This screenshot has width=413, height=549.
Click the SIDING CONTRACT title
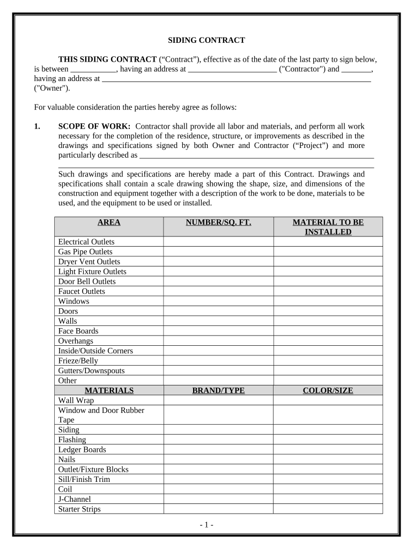(206, 40)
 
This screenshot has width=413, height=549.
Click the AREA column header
(109, 222)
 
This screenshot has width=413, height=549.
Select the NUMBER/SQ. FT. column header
(218, 222)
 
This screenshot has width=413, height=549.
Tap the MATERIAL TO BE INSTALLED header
(328, 227)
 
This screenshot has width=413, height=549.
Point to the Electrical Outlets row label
(86, 242)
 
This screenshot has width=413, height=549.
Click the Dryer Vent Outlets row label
(89, 262)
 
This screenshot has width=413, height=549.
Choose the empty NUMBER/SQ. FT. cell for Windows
(218, 301)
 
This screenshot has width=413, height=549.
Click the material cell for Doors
(328, 311)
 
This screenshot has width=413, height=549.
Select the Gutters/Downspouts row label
(91, 370)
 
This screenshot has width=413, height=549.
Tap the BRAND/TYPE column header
(218, 390)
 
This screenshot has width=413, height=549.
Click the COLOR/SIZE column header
(328, 390)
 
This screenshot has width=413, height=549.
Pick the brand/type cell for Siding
(218, 429)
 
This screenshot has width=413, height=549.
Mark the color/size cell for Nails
(328, 459)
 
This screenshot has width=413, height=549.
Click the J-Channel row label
(75, 499)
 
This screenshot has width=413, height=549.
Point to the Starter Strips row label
(79, 509)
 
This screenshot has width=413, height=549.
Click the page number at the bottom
(206, 525)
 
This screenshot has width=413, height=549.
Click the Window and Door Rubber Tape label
(101, 415)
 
